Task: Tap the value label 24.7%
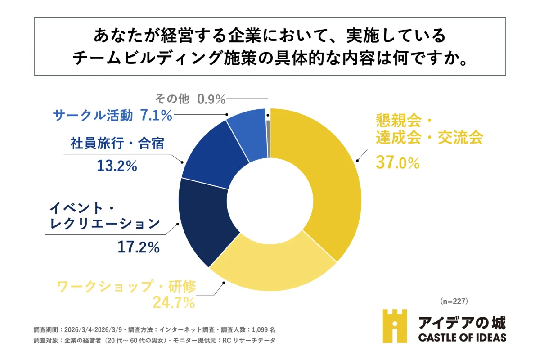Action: pos(174,302)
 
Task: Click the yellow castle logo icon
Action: pos(394,325)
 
